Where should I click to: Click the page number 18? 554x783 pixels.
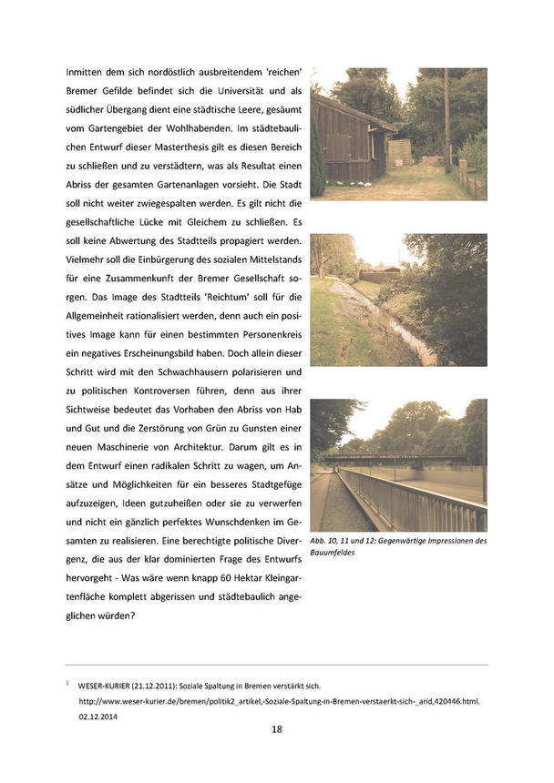[x=276, y=730]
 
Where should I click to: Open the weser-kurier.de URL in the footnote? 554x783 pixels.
[x=279, y=700]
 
